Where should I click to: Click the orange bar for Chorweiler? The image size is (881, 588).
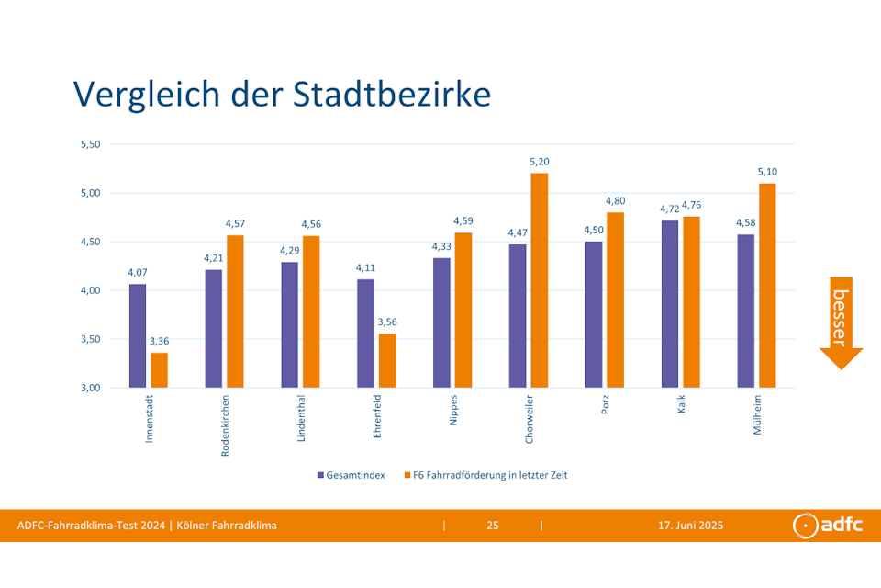pos(539,280)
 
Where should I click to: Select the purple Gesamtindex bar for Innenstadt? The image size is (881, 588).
pos(137,335)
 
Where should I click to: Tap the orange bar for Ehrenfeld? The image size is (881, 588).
pos(387,360)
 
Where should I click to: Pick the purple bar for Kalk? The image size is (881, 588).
pos(670,304)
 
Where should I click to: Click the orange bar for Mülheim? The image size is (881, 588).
pos(767,286)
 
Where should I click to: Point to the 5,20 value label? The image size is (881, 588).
pos(539,162)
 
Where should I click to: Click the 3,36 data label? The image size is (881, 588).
pos(160,341)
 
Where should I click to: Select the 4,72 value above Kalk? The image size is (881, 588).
pos(670,209)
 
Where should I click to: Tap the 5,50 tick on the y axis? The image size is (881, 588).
pos(90,144)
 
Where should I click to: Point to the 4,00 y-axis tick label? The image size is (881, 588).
pos(90,290)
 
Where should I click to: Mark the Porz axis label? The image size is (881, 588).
pos(606,405)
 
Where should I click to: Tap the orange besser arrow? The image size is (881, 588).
pos(841,322)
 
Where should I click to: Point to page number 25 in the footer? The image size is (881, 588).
pos(493,526)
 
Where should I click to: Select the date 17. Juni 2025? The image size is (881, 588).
pos(690,526)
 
